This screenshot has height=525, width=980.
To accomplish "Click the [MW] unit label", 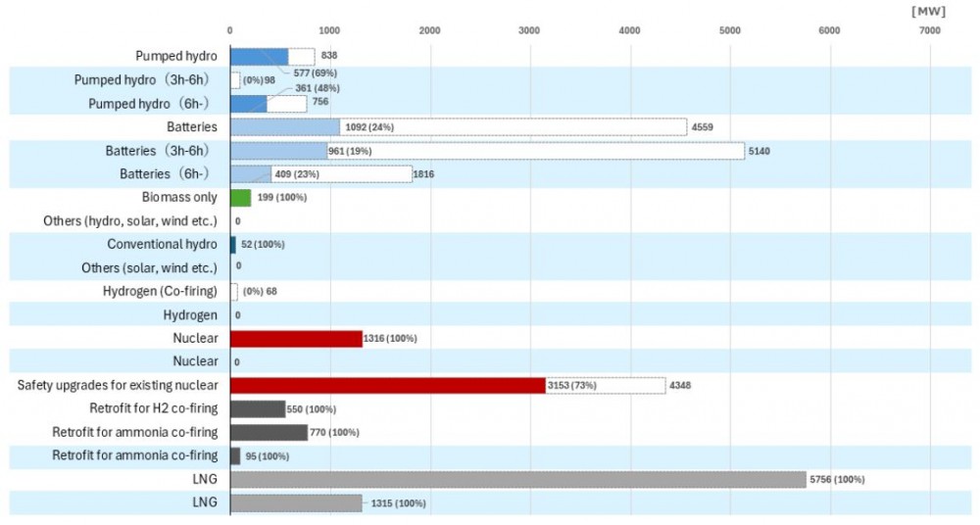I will (926, 11).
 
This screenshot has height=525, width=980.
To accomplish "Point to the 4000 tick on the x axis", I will (630, 31).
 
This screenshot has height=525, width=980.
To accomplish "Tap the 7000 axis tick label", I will (929, 31).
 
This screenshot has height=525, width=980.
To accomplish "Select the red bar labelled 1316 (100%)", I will (295, 339).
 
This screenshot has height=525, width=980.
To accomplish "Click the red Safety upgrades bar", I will (387, 386).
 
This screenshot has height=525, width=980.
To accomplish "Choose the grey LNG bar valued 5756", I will (517, 479).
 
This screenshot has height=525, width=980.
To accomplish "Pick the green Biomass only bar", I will (240, 198).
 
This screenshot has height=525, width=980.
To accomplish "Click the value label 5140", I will (762, 151).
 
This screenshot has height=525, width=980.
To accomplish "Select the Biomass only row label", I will (179, 198).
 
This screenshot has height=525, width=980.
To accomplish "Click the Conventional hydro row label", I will (162, 244).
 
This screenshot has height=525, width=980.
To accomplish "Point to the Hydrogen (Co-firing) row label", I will (160, 291).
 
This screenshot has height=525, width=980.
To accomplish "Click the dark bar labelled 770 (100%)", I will (269, 432).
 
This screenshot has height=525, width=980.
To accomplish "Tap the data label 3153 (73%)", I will (575, 386).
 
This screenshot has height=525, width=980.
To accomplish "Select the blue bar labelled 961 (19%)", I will (278, 151).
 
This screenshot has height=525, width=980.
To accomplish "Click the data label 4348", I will (681, 386).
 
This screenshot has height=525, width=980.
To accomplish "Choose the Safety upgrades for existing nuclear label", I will (118, 385).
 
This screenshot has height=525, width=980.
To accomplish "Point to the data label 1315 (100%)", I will (396, 503).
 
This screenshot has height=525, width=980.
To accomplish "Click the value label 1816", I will (423, 174).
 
